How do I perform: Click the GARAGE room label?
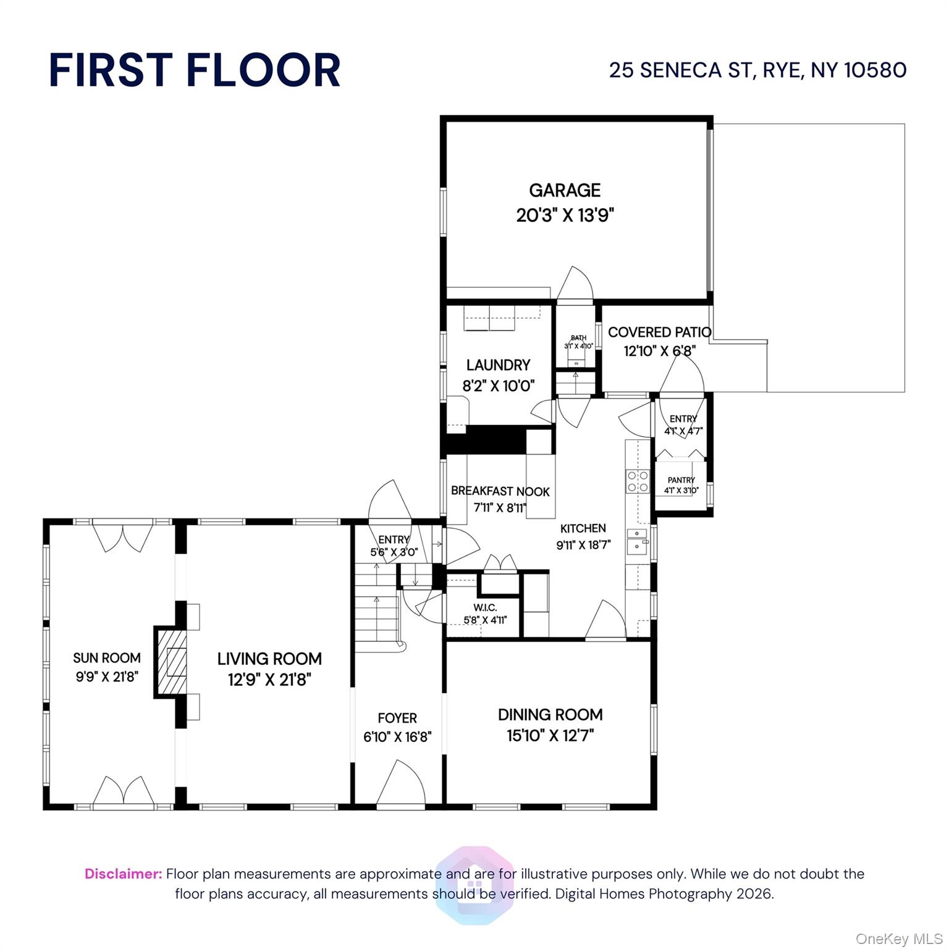coord(565,190)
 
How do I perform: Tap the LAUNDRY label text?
coord(498,365)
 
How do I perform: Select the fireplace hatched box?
coord(170,662)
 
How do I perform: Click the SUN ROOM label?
coord(107,658)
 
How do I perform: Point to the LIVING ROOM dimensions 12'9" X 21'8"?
coord(269,680)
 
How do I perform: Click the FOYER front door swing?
coord(400,783)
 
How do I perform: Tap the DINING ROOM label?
coord(550,715)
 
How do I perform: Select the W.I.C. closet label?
coord(484,608)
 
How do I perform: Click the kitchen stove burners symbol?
coord(638,481)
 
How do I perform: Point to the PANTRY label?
coord(681,480)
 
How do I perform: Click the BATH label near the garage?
coord(578,338)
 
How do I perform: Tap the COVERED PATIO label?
coord(659,332)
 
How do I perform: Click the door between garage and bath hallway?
coord(575,284)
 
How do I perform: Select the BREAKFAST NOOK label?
coord(500,491)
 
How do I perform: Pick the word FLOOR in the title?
coord(263,70)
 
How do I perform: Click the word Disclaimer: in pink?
coord(123,874)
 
